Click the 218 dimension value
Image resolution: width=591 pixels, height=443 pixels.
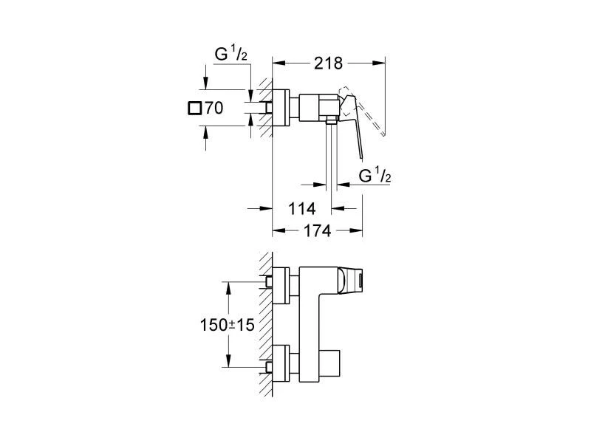click(328, 63)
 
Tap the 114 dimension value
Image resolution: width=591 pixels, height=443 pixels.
click(301, 208)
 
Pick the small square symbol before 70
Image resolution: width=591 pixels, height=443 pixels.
click(194, 109)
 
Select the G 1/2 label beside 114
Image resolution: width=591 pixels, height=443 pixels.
click(374, 176)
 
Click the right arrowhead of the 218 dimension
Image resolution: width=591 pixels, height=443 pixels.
click(382, 63)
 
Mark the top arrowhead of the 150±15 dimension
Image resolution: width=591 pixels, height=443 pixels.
click(228, 284)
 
